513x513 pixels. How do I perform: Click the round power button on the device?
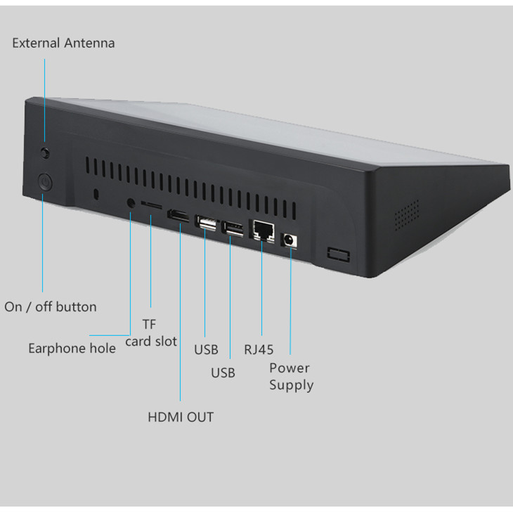pos(44,184)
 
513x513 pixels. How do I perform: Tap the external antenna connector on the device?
pos(46,152)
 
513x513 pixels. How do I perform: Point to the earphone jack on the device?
pos(131,203)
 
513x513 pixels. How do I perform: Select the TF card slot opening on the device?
pos(152,204)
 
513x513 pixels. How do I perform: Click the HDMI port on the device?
pos(178,216)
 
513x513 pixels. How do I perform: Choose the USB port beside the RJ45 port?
pos(233,228)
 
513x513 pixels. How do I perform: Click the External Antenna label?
pos(63,43)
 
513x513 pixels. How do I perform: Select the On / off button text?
pos(51,306)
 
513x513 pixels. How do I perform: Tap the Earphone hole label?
pos(72,348)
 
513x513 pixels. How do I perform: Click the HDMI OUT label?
pos(180,417)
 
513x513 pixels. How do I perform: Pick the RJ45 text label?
pos(259,349)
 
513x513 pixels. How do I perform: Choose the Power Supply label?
pos(291,376)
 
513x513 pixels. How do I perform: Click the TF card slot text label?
pos(150,332)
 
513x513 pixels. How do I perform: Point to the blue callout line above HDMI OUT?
pos(180,316)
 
